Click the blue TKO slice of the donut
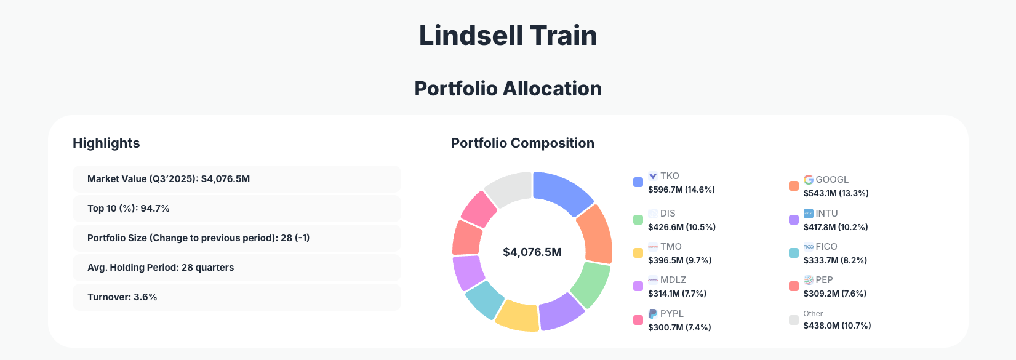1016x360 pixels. click(x=561, y=191)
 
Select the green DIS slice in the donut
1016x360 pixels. click(x=590, y=284)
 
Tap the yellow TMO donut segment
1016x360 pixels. click(x=518, y=314)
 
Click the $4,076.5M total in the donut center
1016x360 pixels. click(x=532, y=252)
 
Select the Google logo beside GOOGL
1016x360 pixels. click(x=809, y=180)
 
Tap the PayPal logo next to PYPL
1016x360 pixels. click(x=653, y=314)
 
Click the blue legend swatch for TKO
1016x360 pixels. click(x=638, y=182)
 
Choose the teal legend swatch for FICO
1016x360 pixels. click(x=794, y=253)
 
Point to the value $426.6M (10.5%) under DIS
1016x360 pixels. click(x=681, y=227)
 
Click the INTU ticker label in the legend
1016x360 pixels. click(x=826, y=214)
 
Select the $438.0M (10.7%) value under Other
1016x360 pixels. click(x=837, y=326)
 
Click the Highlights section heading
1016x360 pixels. click(x=106, y=143)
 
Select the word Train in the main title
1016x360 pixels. click(x=563, y=36)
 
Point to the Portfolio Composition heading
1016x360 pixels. click(x=522, y=143)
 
